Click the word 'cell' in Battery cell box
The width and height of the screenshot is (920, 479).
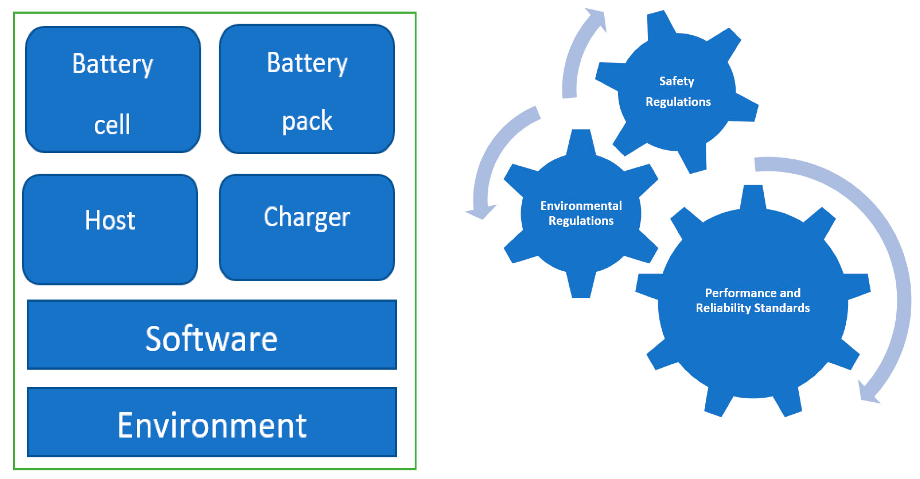click(112, 125)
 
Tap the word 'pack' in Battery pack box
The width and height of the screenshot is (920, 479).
click(307, 121)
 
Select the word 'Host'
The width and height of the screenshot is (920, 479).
click(110, 220)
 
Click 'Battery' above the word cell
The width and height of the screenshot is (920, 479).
click(113, 64)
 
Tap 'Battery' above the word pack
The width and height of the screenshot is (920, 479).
click(307, 63)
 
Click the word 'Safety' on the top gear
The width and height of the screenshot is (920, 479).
click(677, 81)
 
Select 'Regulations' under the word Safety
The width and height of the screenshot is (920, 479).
click(678, 102)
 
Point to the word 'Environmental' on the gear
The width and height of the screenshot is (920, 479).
click(581, 206)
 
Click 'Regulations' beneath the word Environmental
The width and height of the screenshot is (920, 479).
click(581, 221)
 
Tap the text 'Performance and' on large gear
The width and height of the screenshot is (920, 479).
click(753, 293)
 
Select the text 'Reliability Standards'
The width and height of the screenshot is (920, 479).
click(753, 308)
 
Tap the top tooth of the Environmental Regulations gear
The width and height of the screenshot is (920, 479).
click(581, 141)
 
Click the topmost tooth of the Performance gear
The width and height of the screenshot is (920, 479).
click(753, 197)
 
